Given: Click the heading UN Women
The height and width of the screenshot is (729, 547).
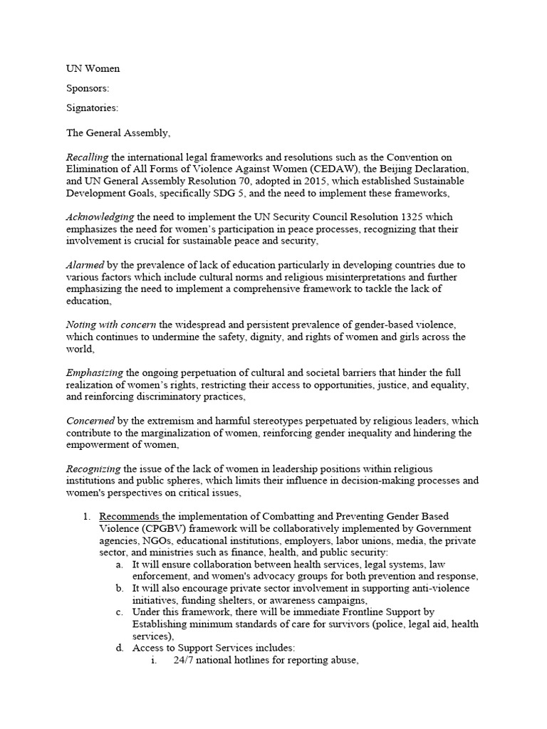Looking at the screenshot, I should (x=93, y=69).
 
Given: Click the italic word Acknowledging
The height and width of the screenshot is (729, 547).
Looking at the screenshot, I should (x=100, y=217).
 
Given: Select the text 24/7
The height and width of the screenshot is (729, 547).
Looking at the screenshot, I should (x=184, y=660).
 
